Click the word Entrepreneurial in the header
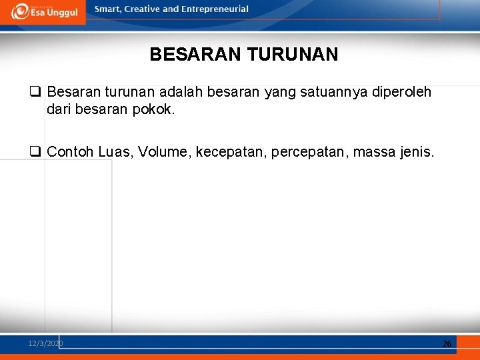[215, 9]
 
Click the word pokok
[154, 109]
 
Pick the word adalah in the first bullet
[181, 92]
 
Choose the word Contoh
[71, 153]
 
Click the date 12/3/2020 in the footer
[45, 343]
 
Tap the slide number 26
[447, 343]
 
